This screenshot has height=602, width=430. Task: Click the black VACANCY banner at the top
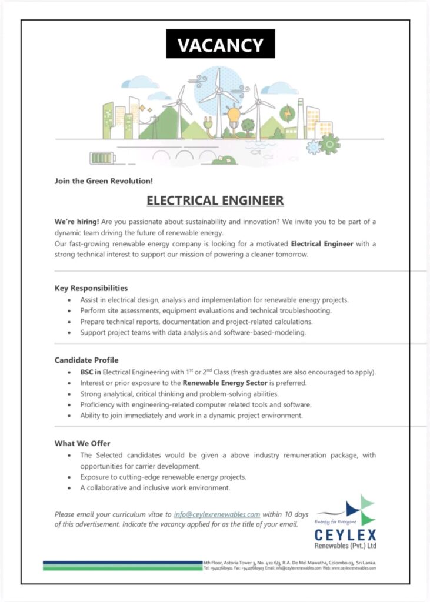pos(220,45)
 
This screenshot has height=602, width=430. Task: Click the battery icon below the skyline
pos(104,158)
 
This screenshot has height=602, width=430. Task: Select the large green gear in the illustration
pos(330,143)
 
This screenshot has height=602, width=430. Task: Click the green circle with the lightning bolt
pos(288,113)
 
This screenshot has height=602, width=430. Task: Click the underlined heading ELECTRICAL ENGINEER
pos(215,200)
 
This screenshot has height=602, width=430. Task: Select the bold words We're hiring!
pos(76,222)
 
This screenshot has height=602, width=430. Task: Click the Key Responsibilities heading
pos(91,288)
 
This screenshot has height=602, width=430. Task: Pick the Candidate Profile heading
pos(86,360)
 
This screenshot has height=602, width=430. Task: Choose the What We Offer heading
pos(82,443)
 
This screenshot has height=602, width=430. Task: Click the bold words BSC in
pos(91,372)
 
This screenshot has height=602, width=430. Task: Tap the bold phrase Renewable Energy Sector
pos(231,383)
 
